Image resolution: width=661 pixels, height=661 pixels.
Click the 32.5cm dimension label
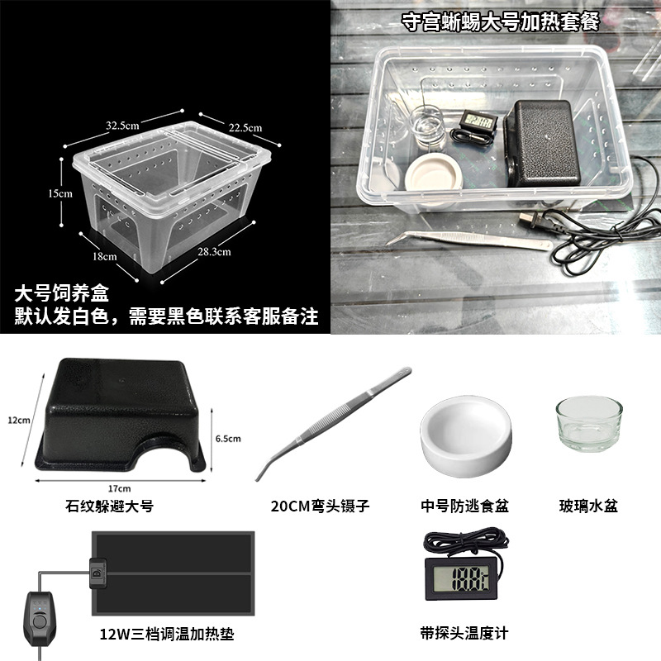(x=122, y=126)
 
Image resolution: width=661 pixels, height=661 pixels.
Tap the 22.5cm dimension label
(x=245, y=128)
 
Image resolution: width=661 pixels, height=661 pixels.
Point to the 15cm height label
(x=59, y=193)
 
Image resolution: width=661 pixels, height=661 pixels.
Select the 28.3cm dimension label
(x=214, y=252)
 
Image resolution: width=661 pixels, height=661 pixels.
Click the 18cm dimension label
(x=105, y=256)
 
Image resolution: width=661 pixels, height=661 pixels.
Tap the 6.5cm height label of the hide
(x=228, y=439)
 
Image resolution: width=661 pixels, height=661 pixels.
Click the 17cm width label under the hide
(x=119, y=488)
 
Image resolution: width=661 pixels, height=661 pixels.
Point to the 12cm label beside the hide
(x=19, y=420)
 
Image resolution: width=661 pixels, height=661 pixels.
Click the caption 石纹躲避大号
(x=109, y=506)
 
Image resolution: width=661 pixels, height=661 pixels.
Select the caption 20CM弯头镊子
(x=320, y=506)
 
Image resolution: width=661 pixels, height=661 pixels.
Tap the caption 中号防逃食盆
(x=464, y=506)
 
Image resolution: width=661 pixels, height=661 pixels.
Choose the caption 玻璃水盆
(x=588, y=506)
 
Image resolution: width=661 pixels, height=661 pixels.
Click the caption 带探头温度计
(x=464, y=633)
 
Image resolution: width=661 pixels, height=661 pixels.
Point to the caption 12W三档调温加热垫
(x=167, y=634)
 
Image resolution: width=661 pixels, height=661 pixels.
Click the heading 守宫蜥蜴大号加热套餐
(x=500, y=21)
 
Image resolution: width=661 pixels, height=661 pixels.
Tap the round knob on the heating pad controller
(x=40, y=621)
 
